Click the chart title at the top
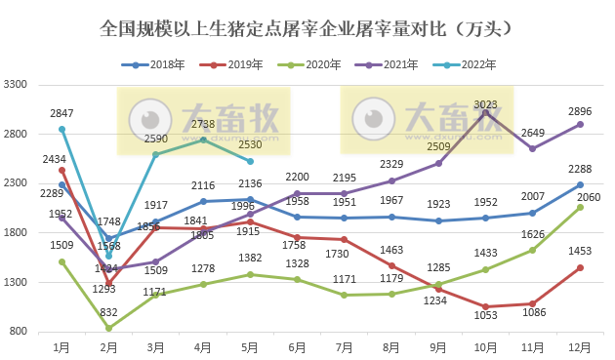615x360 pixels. point(307,29)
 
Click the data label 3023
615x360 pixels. point(485,104)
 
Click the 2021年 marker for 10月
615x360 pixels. point(485,113)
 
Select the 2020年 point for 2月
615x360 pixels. point(109,329)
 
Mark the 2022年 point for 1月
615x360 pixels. point(62,129)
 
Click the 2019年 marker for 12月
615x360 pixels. point(580,267)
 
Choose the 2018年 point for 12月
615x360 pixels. point(580,184)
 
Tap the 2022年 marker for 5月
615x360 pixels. point(251,161)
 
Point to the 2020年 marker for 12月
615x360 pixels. point(580,207)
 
